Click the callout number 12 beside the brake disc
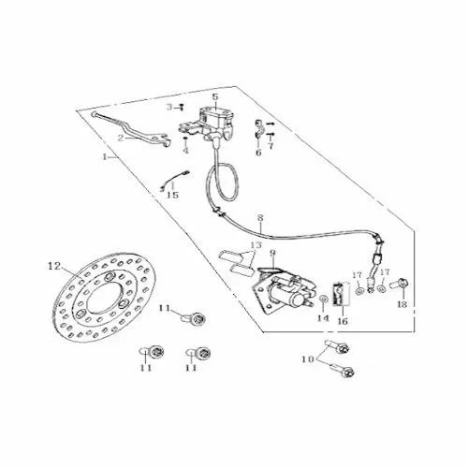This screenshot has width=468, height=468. [54, 266]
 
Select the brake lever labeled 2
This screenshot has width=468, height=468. [133, 130]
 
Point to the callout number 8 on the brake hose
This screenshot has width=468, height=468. [260, 217]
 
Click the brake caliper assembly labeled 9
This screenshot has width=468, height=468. [283, 289]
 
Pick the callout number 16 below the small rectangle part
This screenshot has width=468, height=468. [343, 321]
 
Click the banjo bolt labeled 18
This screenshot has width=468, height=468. [400, 284]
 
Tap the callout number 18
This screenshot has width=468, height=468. [402, 304]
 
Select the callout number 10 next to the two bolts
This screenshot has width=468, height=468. [307, 359]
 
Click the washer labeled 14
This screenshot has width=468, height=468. [324, 300]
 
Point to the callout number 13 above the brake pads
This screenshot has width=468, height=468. [256, 245]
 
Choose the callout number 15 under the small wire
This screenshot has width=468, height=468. [172, 195]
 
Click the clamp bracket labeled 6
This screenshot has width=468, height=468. [259, 129]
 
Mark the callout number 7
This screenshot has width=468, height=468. [271, 145]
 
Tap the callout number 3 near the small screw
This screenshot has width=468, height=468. [169, 108]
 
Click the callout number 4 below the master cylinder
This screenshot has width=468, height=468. [186, 151]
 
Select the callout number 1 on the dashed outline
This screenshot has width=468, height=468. [105, 156]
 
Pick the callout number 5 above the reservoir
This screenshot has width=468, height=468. [215, 96]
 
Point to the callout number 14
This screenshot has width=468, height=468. [323, 318]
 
